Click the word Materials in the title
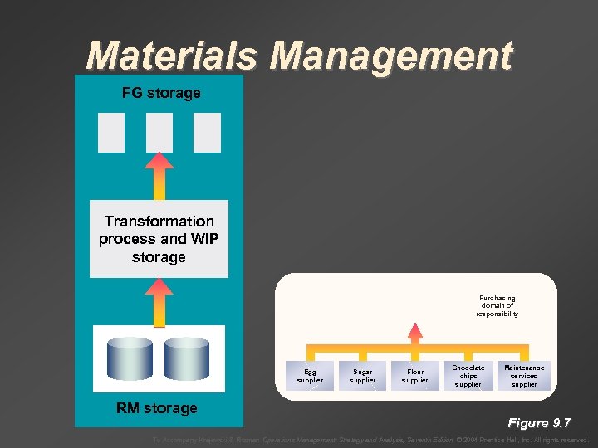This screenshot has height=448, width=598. (x=174, y=56)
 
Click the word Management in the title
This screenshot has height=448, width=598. (x=391, y=56)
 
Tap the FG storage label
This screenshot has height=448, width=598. (x=161, y=93)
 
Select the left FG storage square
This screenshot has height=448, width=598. (x=111, y=133)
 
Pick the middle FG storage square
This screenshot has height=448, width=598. (x=159, y=133)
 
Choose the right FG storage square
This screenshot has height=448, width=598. (x=207, y=133)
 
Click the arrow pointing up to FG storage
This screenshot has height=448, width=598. (x=159, y=175)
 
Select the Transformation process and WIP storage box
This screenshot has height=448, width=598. (x=159, y=239)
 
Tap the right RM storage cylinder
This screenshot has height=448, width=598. (x=186, y=358)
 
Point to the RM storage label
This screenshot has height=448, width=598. (x=157, y=408)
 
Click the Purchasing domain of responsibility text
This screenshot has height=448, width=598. (x=498, y=306)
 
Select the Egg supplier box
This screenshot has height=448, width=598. (x=310, y=377)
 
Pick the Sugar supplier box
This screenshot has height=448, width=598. (x=362, y=377)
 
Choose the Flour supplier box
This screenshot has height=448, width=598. (x=415, y=377)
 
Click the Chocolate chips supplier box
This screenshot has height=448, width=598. (x=468, y=376)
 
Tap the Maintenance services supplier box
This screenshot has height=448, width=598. (x=524, y=376)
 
